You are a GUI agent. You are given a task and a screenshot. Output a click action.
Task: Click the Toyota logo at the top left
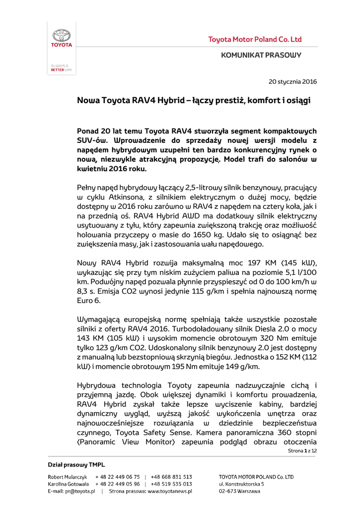(62, 38)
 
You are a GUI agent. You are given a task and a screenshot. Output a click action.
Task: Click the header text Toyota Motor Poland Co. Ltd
(255, 39)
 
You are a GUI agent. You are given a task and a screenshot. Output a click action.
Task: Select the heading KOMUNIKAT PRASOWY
(261, 55)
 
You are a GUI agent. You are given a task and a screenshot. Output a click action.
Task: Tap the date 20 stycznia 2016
(292, 81)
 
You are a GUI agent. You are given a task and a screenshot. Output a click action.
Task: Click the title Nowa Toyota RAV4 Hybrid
(130, 100)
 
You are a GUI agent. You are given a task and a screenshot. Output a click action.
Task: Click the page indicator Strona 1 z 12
(302, 450)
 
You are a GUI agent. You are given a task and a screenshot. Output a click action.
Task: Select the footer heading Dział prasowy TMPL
(76, 465)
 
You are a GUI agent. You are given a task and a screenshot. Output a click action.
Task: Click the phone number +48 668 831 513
(171, 476)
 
